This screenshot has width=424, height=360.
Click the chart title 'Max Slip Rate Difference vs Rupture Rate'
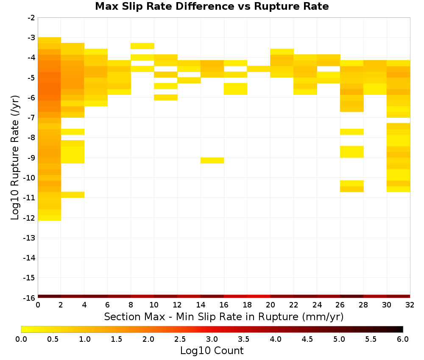(212, 6)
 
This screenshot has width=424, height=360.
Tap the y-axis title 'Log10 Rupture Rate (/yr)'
(15, 158)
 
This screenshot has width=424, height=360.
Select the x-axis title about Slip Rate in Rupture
(223, 316)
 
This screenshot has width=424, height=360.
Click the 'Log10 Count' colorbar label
(212, 351)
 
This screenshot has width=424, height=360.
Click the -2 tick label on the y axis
(31, 18)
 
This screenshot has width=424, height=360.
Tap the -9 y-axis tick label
(31, 158)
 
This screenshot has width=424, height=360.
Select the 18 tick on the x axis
(247, 305)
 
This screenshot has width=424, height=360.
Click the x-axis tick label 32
(410, 305)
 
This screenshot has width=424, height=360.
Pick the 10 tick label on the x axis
(154, 305)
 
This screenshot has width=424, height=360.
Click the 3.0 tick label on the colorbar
(212, 339)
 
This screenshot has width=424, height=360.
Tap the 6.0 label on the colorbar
(403, 339)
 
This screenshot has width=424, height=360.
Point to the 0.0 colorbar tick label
(21, 339)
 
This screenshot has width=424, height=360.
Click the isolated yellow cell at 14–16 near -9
(212, 161)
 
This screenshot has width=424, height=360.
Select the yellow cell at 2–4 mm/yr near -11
(73, 195)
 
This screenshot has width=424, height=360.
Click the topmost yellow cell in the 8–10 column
(142, 46)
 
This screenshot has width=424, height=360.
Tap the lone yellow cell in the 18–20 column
(259, 69)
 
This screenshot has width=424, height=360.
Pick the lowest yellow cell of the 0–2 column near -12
(50, 218)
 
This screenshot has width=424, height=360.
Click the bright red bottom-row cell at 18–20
(259, 296)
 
